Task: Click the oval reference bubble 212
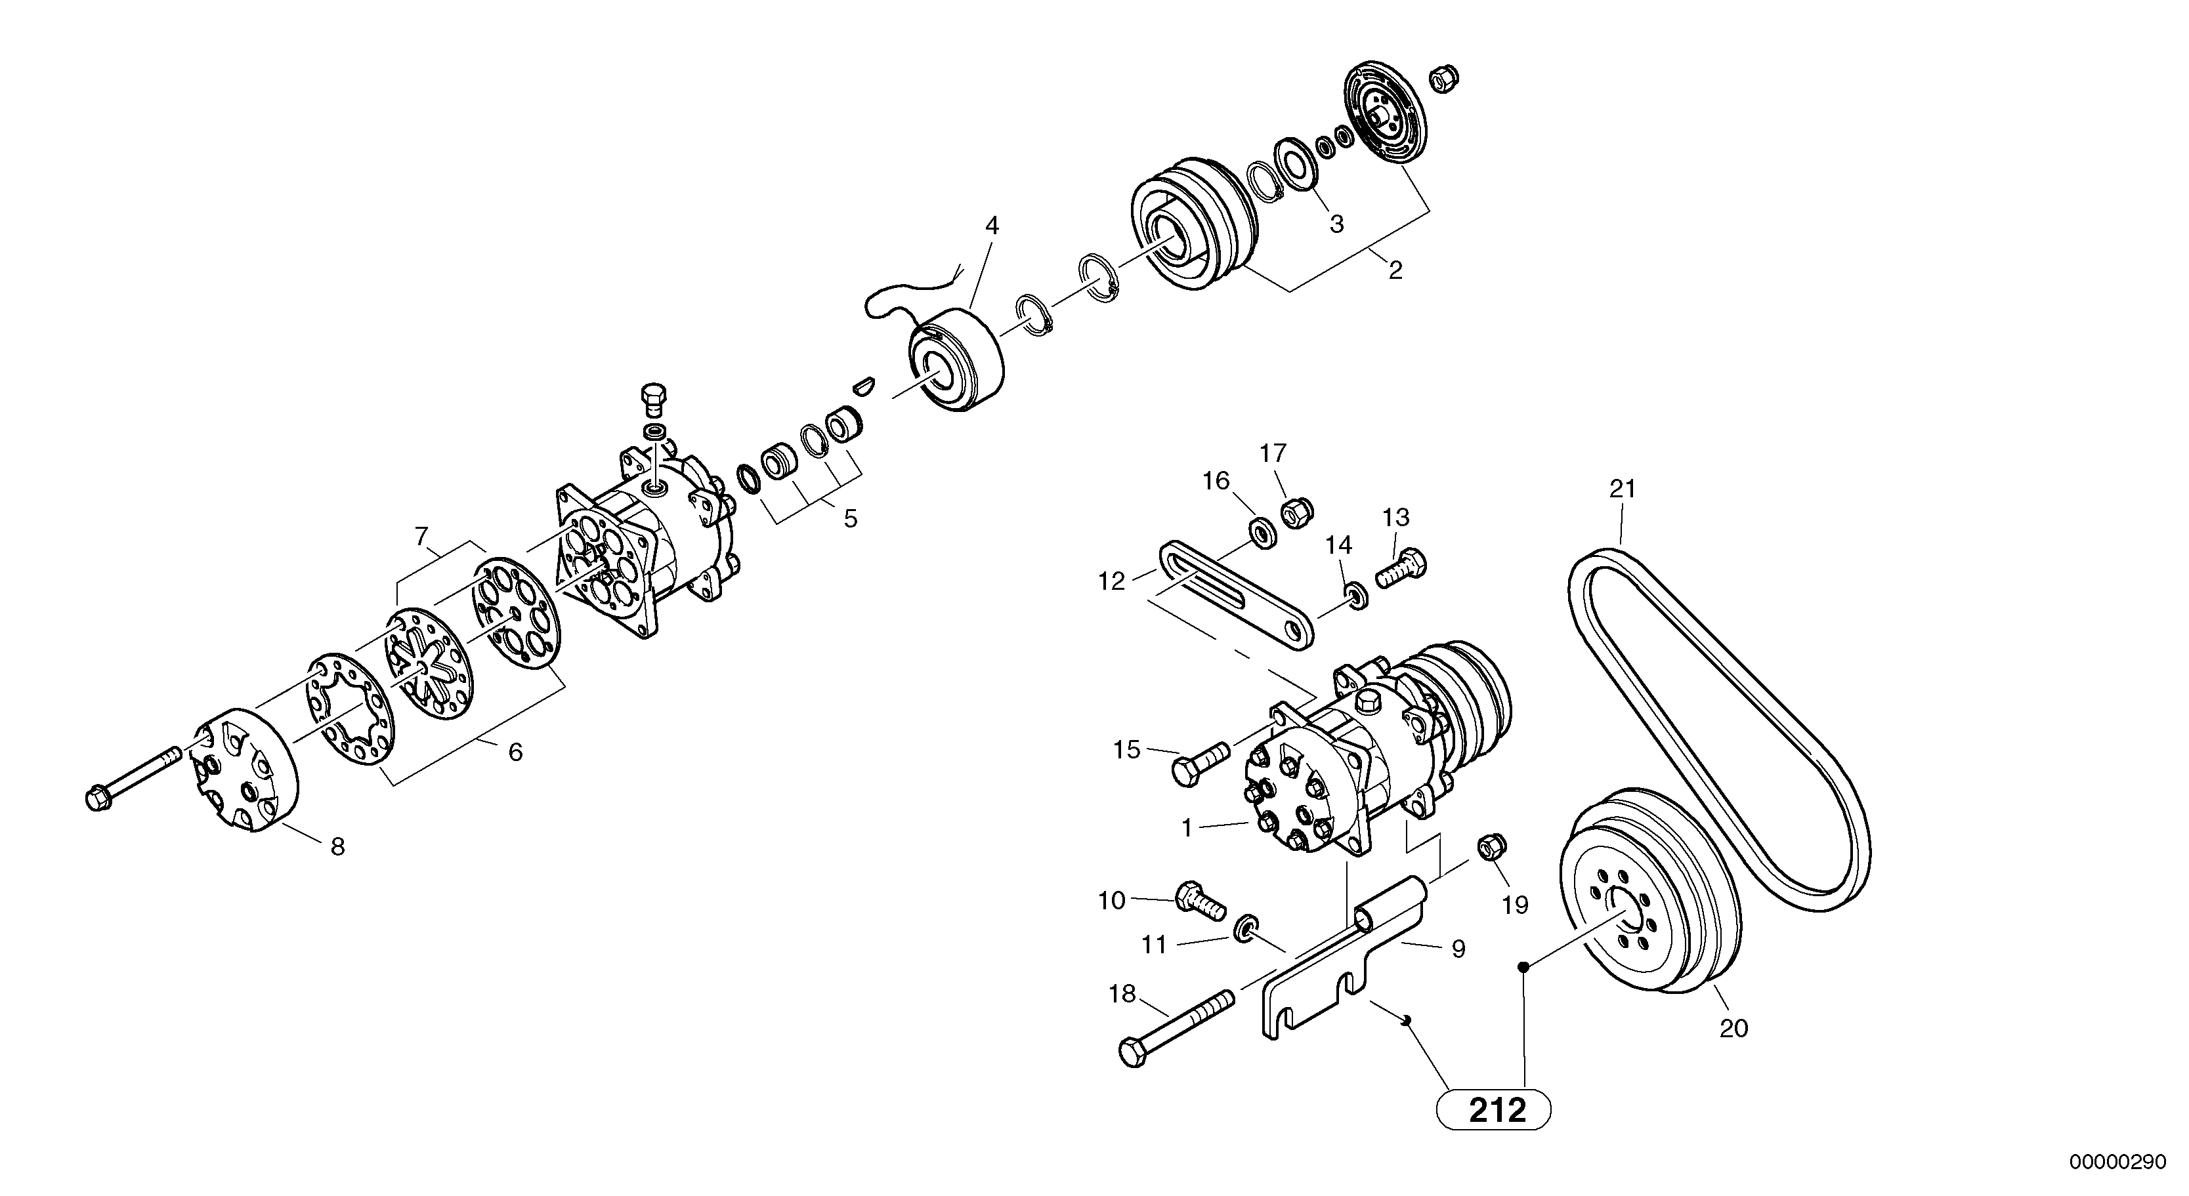1493,1110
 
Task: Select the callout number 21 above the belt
1622,489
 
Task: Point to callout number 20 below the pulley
1733,1029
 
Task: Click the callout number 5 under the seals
851,519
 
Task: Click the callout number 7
421,537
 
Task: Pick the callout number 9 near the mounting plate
1458,949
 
